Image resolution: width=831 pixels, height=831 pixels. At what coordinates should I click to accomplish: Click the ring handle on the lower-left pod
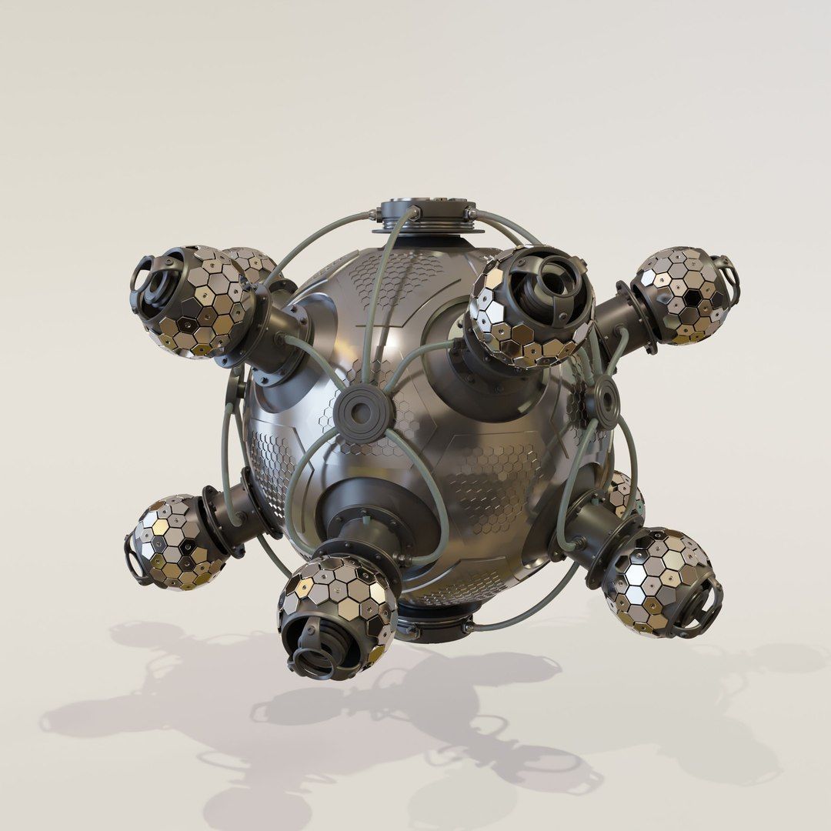pos(134,558)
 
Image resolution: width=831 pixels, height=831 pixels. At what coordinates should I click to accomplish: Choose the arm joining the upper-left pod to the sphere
pos(277,335)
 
